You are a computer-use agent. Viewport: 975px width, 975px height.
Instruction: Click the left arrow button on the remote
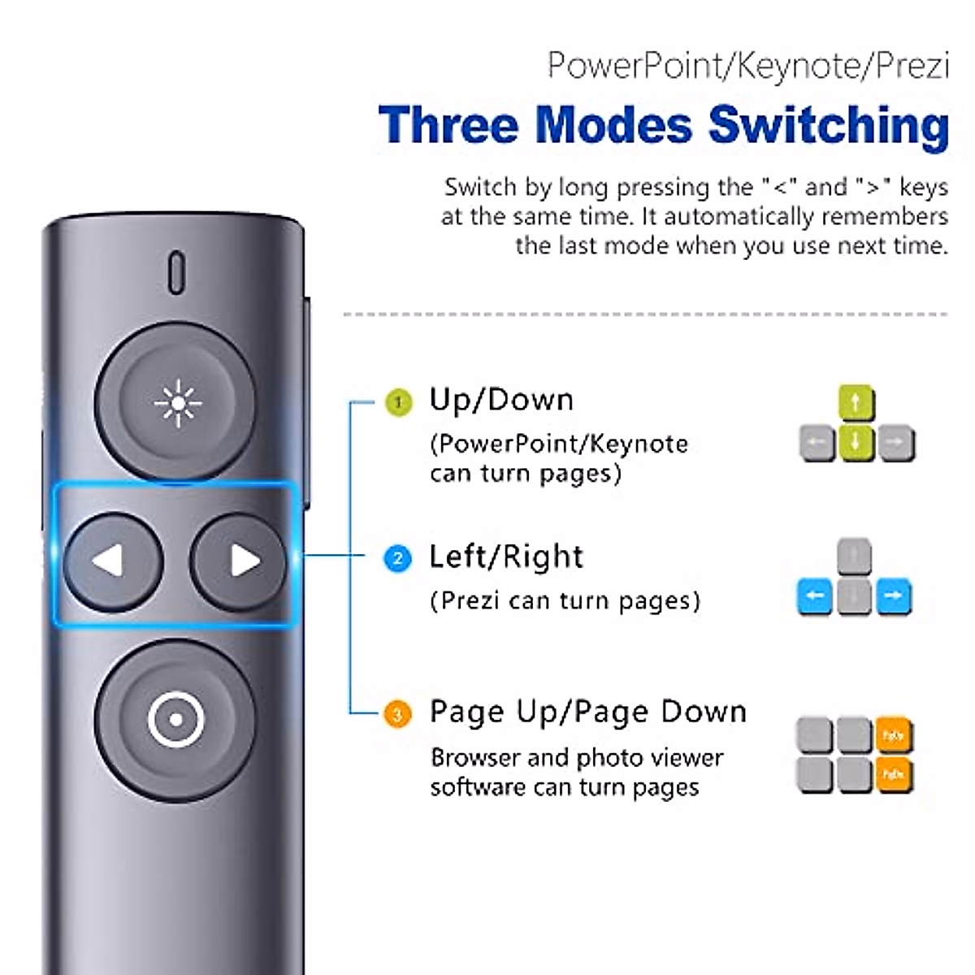113,561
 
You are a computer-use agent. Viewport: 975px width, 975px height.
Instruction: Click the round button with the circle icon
175,719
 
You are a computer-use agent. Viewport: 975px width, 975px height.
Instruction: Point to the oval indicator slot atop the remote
176,273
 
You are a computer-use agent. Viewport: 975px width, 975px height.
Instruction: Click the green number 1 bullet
398,402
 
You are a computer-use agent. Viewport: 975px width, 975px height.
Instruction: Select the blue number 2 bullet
397,559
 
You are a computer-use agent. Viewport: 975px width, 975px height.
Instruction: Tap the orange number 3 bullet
397,715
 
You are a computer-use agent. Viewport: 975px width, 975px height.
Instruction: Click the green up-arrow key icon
856,403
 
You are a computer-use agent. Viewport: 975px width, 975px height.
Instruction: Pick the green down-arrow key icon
856,443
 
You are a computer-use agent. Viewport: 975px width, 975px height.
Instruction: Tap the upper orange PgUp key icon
893,736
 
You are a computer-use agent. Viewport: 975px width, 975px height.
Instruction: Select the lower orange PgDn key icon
893,775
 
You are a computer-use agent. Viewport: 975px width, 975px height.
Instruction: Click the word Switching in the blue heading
828,126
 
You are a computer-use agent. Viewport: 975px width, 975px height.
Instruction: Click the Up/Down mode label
501,400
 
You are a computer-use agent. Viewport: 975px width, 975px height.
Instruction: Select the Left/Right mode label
505,557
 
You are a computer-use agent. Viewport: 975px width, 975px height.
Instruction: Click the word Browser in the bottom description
474,757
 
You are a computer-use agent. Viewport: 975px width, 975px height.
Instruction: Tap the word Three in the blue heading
448,126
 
